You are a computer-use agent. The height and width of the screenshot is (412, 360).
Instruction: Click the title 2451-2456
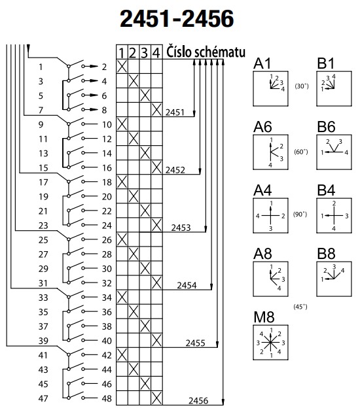point(177,18)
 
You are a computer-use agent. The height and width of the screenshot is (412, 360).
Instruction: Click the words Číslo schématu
point(206,52)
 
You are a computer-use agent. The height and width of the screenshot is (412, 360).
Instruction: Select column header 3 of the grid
point(145,53)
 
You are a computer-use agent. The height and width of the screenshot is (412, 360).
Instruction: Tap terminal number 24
point(107,226)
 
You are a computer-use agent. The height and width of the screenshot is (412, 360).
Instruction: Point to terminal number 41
point(43,355)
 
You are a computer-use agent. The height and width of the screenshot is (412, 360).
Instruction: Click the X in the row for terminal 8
point(156,110)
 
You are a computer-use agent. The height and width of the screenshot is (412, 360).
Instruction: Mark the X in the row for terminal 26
point(122,239)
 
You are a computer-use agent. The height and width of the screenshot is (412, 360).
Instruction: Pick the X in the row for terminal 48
point(156,398)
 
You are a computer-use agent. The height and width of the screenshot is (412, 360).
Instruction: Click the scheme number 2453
point(181,228)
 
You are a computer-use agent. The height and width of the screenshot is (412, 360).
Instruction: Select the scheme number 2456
point(198,401)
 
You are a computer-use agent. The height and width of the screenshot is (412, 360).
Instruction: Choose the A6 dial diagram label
point(262,127)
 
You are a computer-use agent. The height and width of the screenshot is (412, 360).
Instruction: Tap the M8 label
point(264,317)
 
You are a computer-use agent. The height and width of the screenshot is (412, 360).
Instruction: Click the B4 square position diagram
point(334,216)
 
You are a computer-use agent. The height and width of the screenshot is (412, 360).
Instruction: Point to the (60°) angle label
point(301,152)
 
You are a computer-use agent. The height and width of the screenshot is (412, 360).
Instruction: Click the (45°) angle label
point(300,307)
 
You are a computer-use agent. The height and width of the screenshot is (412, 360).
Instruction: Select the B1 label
point(326,63)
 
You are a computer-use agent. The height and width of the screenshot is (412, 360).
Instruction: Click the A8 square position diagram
point(270,279)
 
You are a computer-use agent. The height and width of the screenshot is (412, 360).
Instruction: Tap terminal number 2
point(104,67)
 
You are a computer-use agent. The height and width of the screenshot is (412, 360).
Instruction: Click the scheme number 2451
point(175,112)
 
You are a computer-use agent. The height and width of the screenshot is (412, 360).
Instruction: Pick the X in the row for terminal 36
point(134,312)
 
